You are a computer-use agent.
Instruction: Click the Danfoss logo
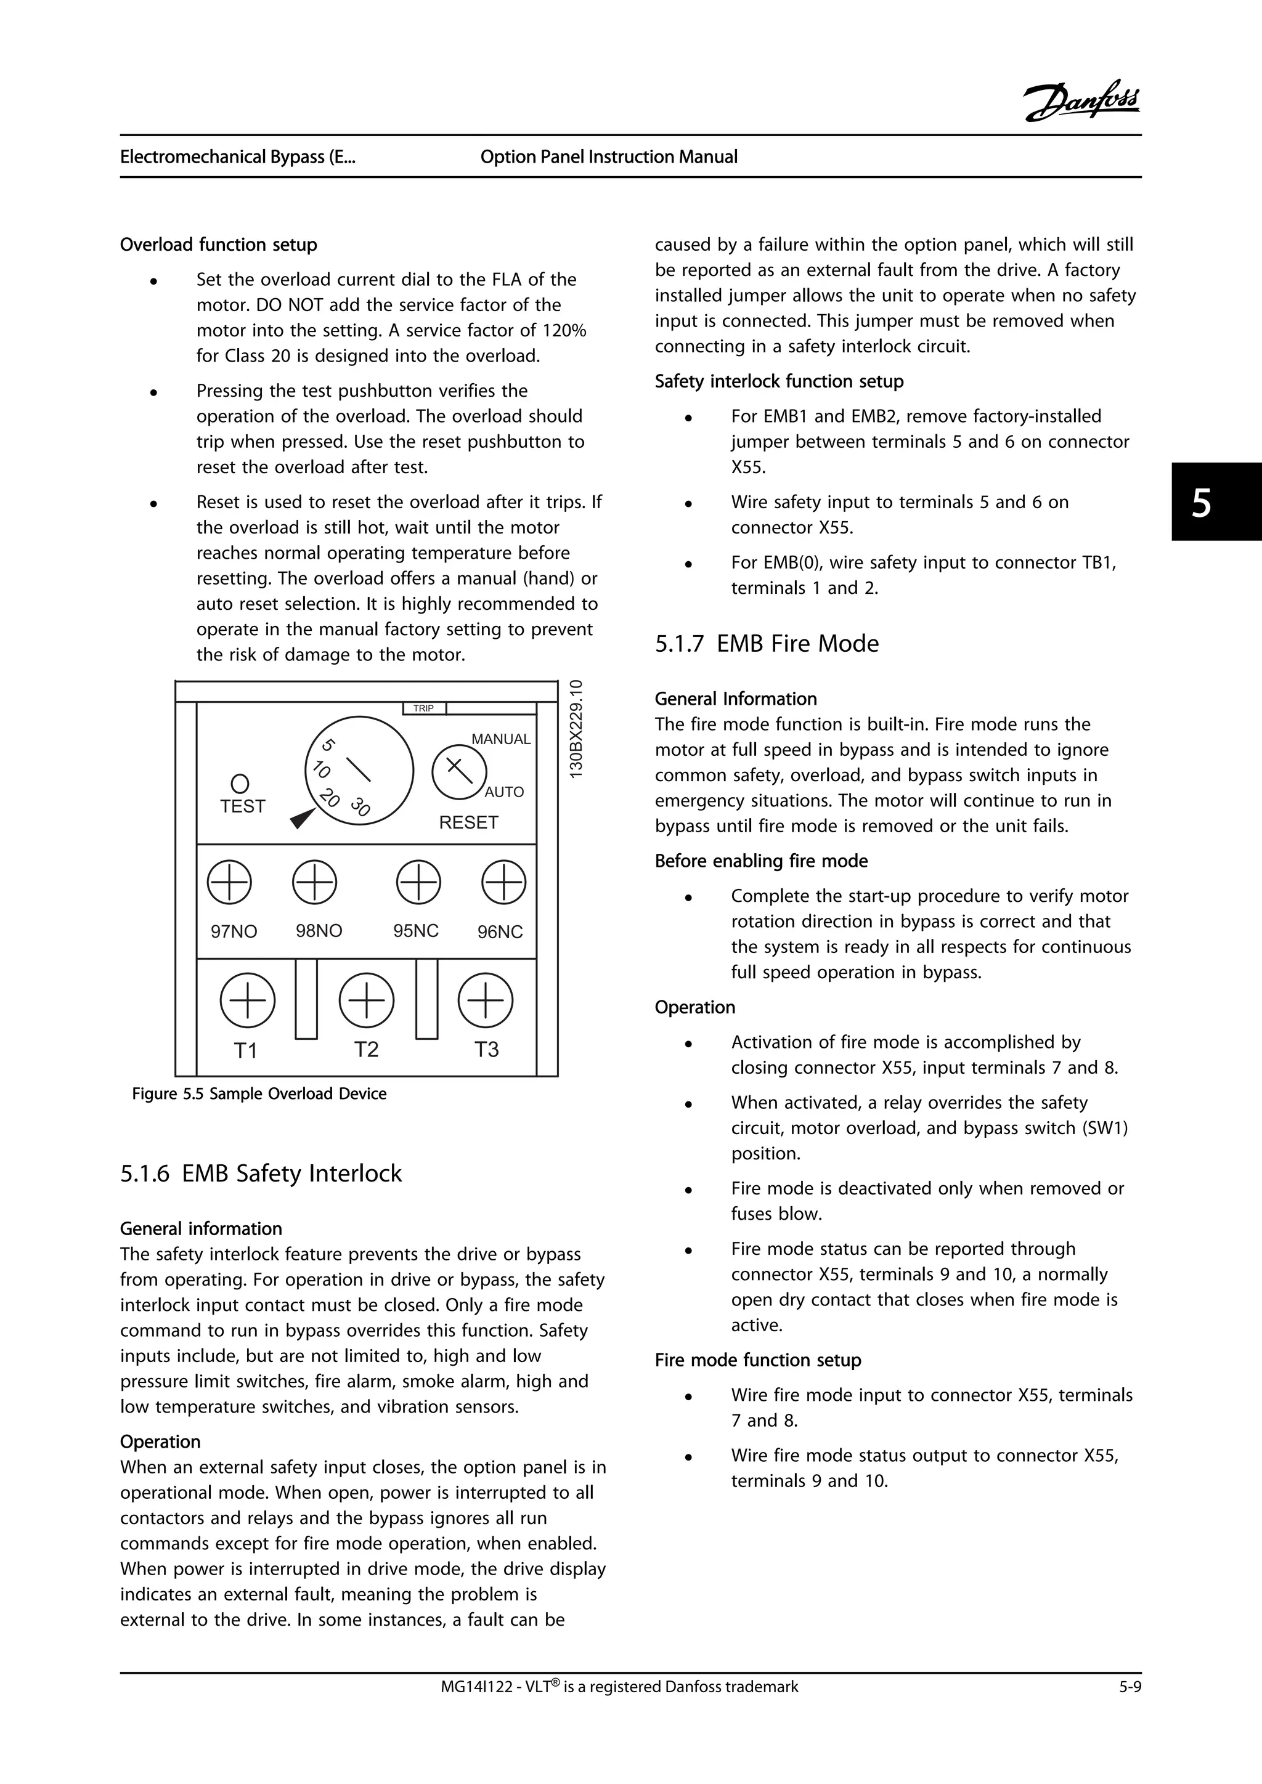[x=1081, y=101]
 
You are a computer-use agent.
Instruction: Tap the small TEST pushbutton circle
[x=240, y=782]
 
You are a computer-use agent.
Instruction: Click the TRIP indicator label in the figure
[x=423, y=708]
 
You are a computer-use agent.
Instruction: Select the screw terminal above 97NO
[x=229, y=882]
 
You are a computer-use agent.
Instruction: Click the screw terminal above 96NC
[x=503, y=882]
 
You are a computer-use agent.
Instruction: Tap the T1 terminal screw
[x=247, y=1000]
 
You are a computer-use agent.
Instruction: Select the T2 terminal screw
[x=367, y=1000]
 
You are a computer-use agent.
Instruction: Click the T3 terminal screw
[x=486, y=1000]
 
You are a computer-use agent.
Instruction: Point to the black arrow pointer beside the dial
[x=301, y=818]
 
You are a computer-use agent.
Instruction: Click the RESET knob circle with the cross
[x=459, y=771]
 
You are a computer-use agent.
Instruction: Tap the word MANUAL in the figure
[x=500, y=739]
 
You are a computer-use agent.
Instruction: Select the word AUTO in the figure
[x=503, y=792]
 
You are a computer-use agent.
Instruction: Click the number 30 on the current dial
[x=360, y=806]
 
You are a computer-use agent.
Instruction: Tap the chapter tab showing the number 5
[x=1216, y=502]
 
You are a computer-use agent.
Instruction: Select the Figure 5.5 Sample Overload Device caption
[x=259, y=1094]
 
